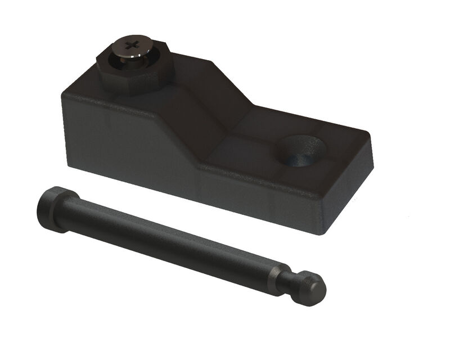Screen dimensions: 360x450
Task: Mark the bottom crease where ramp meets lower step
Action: pyautogui.click(x=225, y=143)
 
